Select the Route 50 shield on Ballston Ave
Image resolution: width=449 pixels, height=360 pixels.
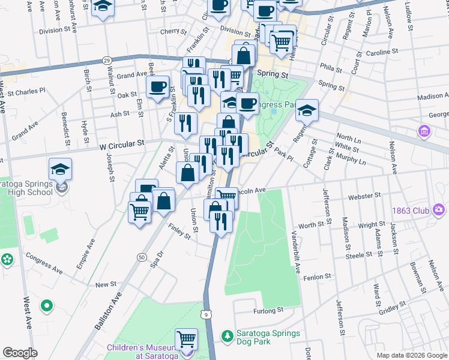pos(142,257)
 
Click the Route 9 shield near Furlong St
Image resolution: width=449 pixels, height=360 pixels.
pos(206,313)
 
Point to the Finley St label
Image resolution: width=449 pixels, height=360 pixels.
pos(179,231)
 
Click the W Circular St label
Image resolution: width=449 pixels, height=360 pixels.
pos(122,144)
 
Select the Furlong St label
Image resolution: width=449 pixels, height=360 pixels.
pos(268,311)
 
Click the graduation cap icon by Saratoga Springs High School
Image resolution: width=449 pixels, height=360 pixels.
pos(61,170)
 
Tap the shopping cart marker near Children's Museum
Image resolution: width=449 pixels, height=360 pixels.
pos(187,339)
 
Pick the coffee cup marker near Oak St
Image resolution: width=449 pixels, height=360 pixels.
pos(158,87)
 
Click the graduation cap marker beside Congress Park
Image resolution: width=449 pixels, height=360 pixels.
pos(307,111)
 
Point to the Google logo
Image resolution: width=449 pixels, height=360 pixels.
pos(20,353)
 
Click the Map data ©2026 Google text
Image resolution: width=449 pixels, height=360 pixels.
pos(411,355)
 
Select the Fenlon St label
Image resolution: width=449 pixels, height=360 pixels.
pos(318,277)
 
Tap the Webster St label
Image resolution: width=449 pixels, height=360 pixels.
pos(365,195)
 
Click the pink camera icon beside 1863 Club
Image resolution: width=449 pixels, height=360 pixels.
pos(439,209)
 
